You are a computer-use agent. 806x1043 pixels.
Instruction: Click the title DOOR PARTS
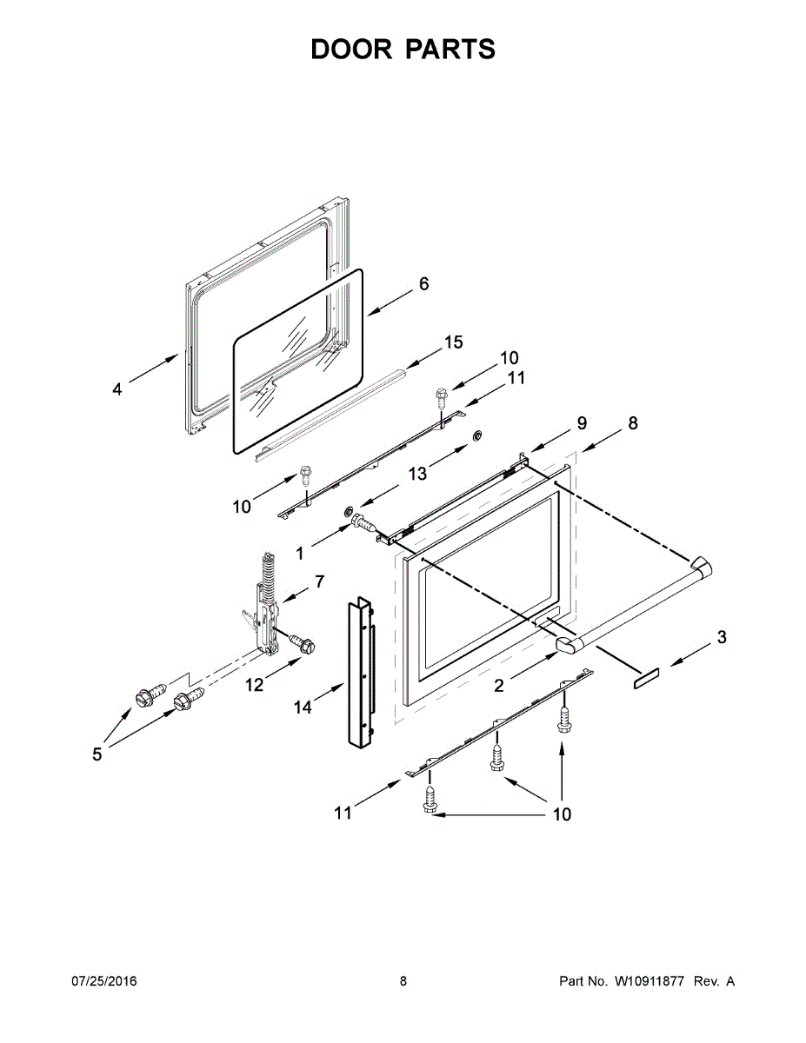[x=403, y=50]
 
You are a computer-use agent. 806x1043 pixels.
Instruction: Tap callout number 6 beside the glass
[x=423, y=284]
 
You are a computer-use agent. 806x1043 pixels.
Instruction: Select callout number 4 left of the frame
[x=117, y=389]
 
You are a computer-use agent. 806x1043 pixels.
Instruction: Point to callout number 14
[x=302, y=708]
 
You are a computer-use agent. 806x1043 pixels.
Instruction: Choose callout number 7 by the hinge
[x=318, y=580]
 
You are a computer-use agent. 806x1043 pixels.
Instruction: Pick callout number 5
[x=97, y=754]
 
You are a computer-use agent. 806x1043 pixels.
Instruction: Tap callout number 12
[x=253, y=685]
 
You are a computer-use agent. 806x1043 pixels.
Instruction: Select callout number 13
[x=417, y=473]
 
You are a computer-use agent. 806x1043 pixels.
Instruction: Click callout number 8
[x=632, y=423]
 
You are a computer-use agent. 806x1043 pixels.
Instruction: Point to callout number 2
[x=498, y=686]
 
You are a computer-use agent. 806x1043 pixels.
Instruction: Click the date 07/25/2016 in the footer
[x=103, y=981]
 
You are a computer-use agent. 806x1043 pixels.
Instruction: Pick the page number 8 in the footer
[x=403, y=981]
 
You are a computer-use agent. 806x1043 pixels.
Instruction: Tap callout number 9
[x=581, y=423]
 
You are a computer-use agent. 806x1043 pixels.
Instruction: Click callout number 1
[x=300, y=553]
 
